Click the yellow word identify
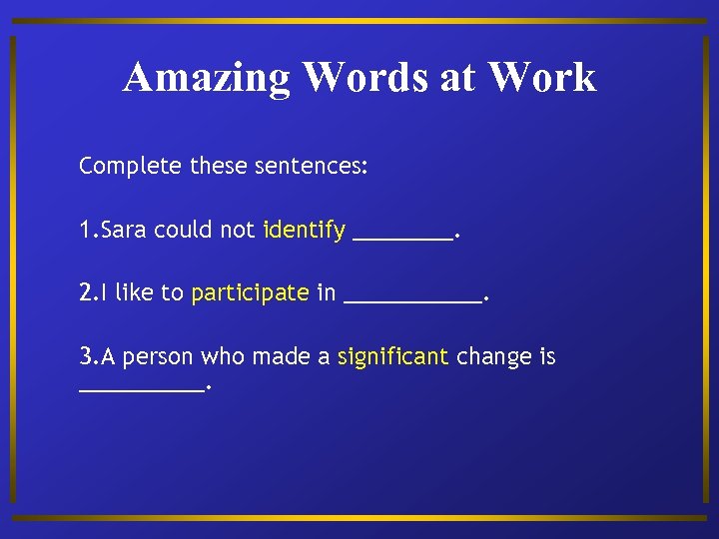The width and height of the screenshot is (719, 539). point(304,230)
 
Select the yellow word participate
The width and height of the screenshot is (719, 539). point(250,292)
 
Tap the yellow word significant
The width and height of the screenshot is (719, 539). point(392,356)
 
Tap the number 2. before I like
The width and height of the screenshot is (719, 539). point(88,292)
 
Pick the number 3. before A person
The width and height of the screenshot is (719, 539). point(88,356)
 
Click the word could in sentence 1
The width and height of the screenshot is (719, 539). point(182,230)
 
